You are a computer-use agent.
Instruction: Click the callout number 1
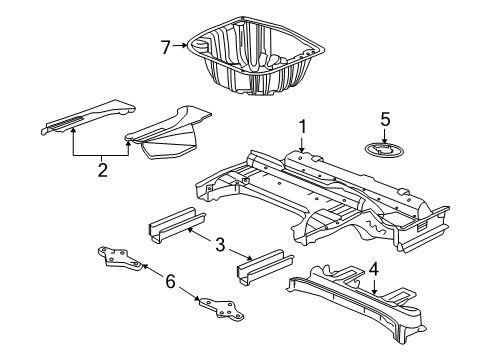coord(301,127)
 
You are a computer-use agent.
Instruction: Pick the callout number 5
coord(385,120)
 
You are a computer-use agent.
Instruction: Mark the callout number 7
coord(167,44)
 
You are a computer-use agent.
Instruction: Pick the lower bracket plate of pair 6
coord(219,311)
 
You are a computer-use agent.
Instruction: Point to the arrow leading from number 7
coord(182,44)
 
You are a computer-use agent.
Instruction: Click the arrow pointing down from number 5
coord(385,136)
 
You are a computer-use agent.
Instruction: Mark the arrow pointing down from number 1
coord(301,145)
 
